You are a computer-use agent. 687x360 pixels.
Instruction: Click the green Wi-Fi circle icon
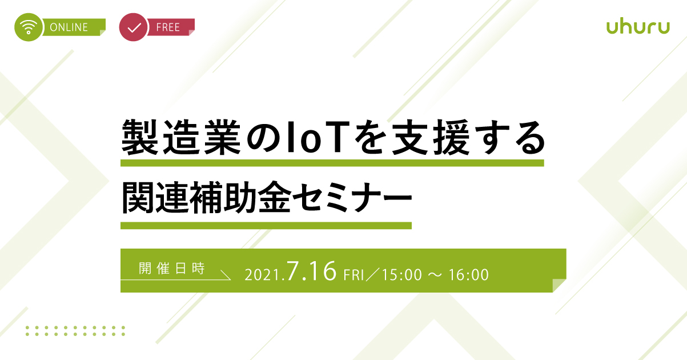point(28,27)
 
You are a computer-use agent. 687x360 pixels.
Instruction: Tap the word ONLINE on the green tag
point(69,27)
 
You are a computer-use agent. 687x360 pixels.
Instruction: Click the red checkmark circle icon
point(134,27)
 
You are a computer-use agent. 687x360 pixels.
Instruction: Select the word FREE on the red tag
point(168,27)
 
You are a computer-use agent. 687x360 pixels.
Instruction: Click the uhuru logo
point(638,27)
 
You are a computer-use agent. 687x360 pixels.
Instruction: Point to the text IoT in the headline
point(318,137)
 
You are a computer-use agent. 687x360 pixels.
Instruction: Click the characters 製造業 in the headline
point(182,137)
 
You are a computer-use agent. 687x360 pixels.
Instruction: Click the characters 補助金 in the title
point(240,197)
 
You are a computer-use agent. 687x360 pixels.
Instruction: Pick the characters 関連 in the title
point(155,197)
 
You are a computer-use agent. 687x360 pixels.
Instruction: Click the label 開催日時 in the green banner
point(172,269)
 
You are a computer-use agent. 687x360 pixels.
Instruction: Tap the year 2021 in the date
point(263,275)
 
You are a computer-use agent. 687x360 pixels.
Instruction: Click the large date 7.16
point(312,271)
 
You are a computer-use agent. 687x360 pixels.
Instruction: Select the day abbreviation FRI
point(353,275)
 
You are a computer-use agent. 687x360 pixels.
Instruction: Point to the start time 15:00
point(402,275)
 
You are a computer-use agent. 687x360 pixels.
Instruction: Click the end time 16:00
point(469,275)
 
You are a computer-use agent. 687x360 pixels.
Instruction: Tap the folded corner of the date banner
point(559,285)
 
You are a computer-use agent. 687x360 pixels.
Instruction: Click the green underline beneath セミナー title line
point(266,226)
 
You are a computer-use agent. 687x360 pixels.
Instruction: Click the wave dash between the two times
point(435,275)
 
